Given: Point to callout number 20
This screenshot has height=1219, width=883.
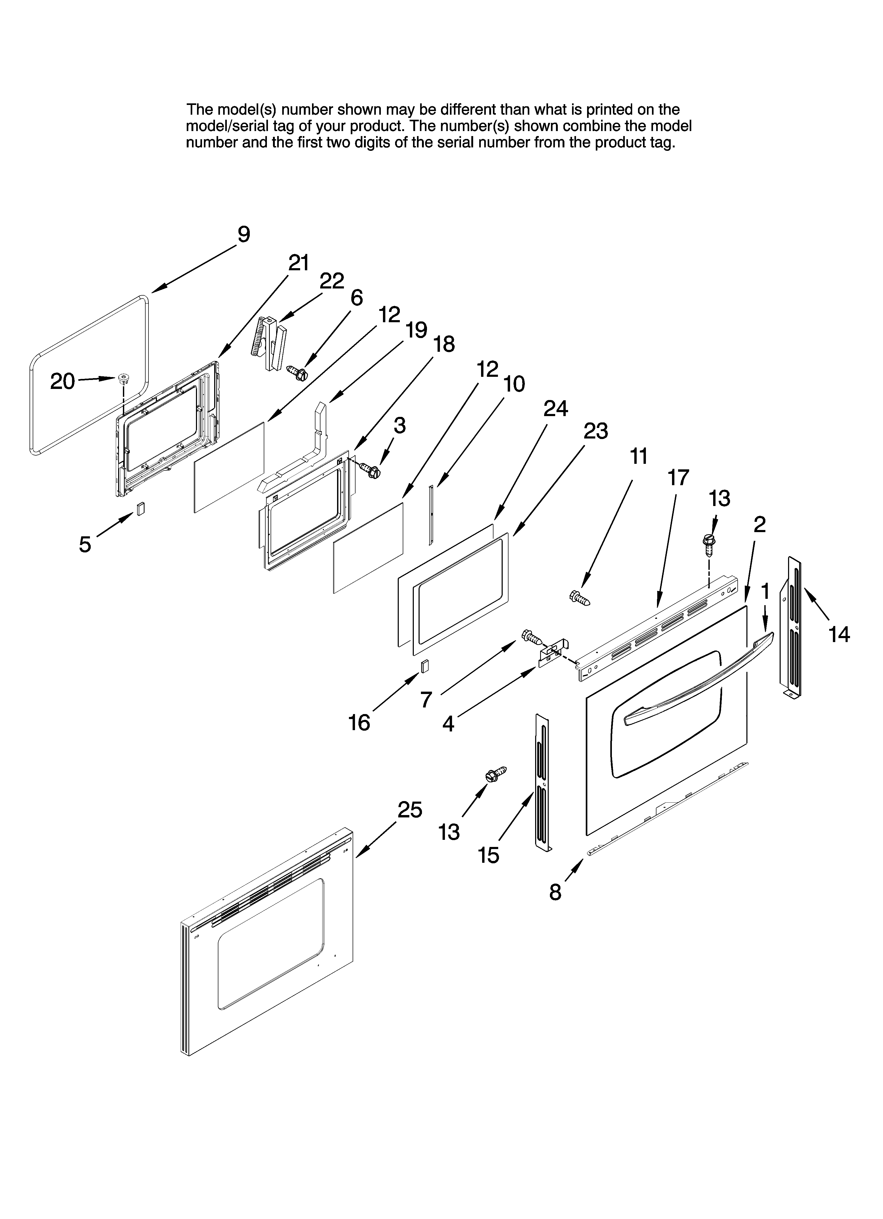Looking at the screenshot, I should [63, 382].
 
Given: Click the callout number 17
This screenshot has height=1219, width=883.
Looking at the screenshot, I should [678, 477].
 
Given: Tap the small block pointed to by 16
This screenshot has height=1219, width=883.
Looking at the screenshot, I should [425, 667].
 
